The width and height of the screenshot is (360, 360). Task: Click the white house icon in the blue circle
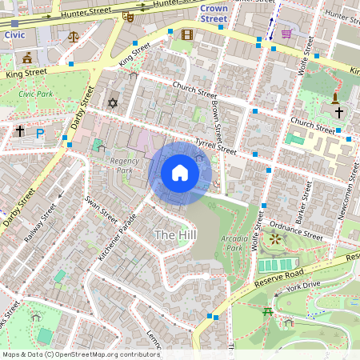point(180,172)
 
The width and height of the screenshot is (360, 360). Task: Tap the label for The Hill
point(174,234)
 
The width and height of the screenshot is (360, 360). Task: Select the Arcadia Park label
point(234,242)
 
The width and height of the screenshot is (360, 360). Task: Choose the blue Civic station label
point(14,34)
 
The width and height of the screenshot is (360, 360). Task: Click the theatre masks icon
point(128,16)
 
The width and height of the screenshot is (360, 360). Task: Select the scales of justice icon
point(74,36)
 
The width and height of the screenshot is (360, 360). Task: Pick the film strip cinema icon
point(187,34)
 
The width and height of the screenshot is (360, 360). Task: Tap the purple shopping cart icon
point(286,33)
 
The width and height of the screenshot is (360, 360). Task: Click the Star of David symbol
point(112,102)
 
